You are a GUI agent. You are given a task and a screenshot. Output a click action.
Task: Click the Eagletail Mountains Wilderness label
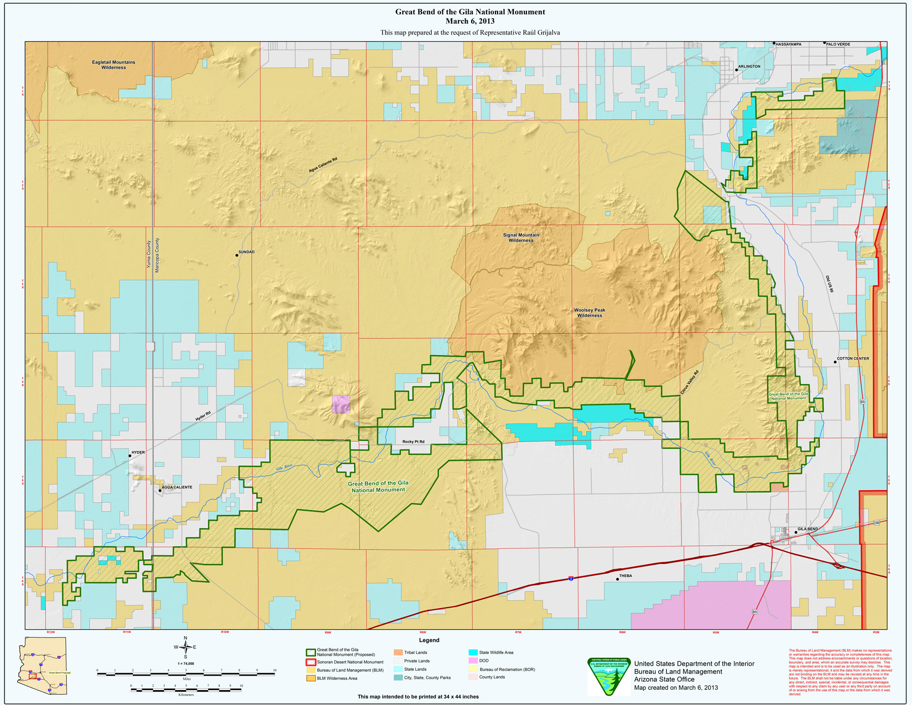click(113, 65)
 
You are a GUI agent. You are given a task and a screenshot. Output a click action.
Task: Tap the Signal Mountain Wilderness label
click(521, 238)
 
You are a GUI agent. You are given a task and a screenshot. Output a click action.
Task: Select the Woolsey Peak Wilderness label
click(589, 313)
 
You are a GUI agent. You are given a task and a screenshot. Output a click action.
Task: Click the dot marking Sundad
click(237, 255)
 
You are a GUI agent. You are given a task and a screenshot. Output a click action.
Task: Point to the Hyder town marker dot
click(130, 456)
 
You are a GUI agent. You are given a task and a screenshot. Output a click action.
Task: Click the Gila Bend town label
click(807, 529)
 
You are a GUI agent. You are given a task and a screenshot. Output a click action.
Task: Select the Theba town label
click(625, 576)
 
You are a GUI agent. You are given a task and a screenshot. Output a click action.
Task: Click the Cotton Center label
click(853, 358)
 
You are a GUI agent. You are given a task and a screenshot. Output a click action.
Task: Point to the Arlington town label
click(749, 66)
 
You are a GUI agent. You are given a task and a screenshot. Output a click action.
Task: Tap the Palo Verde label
click(838, 44)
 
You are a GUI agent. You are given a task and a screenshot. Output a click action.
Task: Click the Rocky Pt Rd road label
click(413, 441)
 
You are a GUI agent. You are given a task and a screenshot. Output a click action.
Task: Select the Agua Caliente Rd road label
click(323, 165)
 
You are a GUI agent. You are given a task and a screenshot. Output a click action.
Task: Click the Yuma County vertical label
click(149, 254)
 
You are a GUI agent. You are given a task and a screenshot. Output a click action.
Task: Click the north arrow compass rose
click(185, 647)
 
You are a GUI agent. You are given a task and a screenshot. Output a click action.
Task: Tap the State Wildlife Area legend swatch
click(473, 652)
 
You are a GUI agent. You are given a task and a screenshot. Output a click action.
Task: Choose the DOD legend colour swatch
click(473, 660)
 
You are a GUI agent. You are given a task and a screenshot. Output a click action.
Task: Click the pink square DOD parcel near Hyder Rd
click(341, 404)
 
